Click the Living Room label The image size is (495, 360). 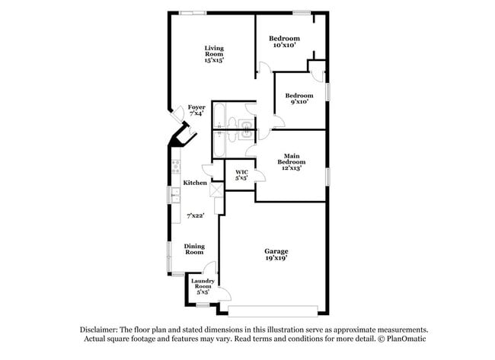point(213,54)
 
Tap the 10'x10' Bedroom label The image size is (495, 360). point(284,42)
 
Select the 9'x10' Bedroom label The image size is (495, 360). point(299,98)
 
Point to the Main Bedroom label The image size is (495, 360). point(291,161)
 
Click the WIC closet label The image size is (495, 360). point(241,175)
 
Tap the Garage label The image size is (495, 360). point(276,254)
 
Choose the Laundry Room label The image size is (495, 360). point(203,285)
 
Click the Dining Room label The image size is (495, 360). point(195,250)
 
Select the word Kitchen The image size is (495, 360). point(195,183)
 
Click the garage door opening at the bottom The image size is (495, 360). point(273,311)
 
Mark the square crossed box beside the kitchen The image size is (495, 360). point(216,190)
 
